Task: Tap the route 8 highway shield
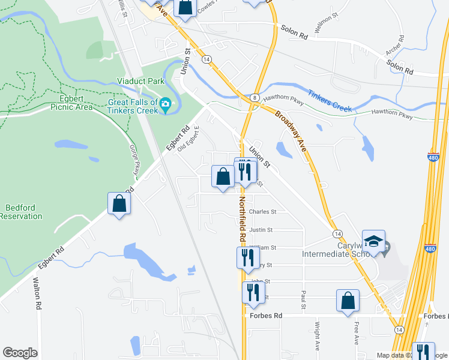pos(256,98)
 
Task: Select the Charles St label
pos(262,212)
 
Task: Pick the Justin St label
pos(261,229)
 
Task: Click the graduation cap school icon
pos(373,241)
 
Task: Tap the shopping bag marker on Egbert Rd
pos(119,203)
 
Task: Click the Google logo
pos(20,353)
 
